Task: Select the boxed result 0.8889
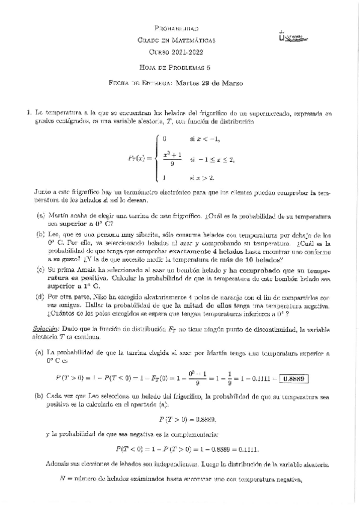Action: pyautogui.click(x=293, y=378)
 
